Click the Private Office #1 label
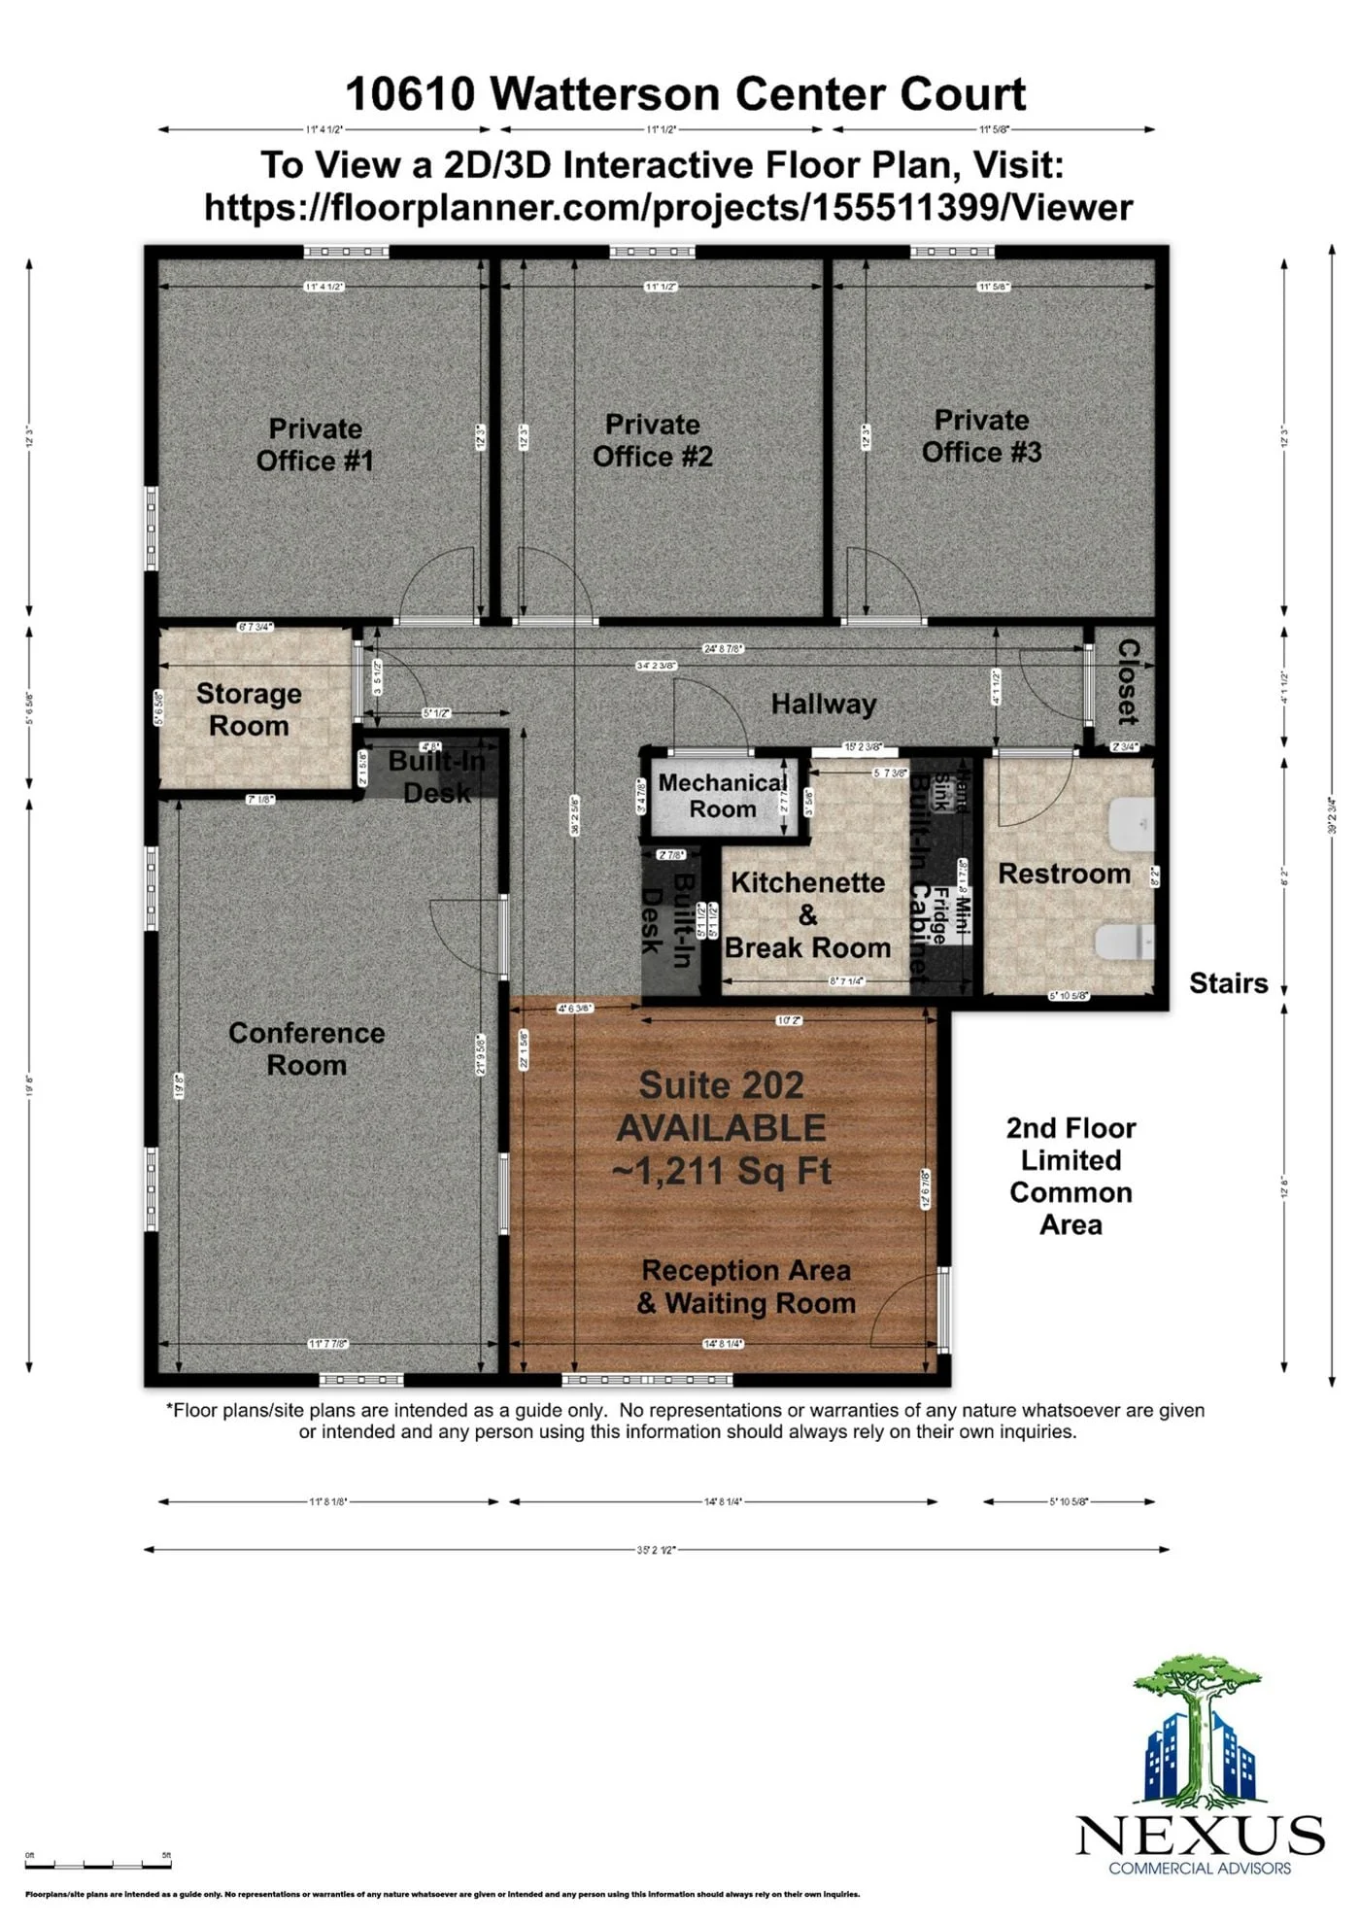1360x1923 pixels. click(x=315, y=444)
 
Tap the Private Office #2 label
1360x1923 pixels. click(x=652, y=440)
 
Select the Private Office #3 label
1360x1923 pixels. click(x=981, y=435)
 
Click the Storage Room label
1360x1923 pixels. click(x=249, y=709)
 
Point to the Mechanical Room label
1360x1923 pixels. click(x=722, y=796)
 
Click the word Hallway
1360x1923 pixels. click(x=823, y=704)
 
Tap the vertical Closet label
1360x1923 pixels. click(x=1127, y=681)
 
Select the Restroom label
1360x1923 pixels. click(x=1064, y=874)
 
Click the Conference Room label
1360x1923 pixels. click(x=306, y=1048)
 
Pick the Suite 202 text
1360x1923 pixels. click(x=721, y=1085)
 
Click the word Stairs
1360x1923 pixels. click(x=1228, y=983)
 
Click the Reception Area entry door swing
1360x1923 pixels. click(x=905, y=1312)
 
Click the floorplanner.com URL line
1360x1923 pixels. click(x=668, y=208)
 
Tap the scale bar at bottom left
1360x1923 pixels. click(x=97, y=1863)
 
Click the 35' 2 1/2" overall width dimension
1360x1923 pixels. click(x=656, y=1550)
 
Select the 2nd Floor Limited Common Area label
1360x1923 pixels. click(x=1071, y=1176)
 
